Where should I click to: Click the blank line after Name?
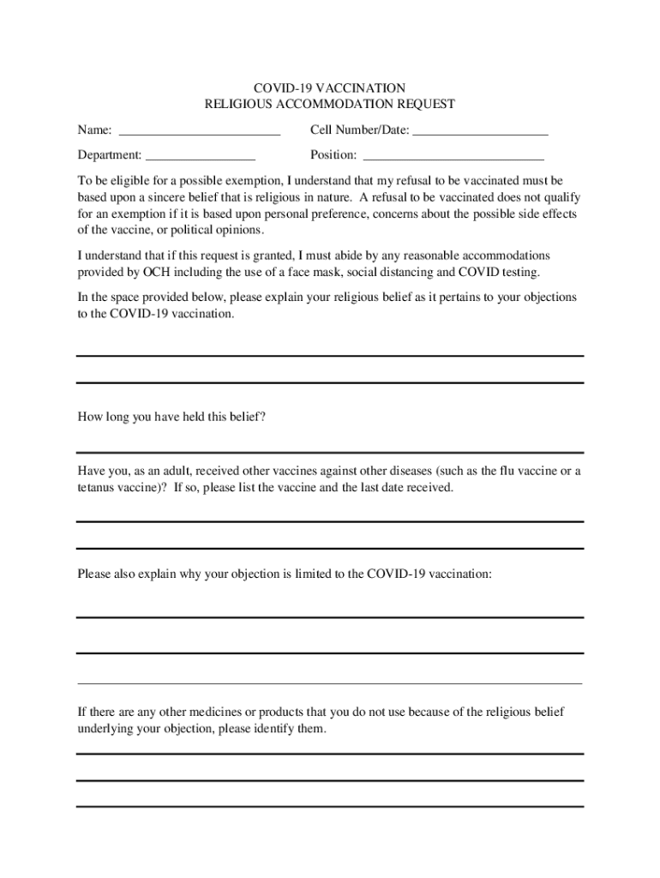(199, 135)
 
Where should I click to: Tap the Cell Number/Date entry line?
(480, 135)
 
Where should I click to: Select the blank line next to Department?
(201, 159)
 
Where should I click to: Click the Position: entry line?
(453, 159)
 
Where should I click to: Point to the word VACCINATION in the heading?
(360, 88)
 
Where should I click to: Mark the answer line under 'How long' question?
(330, 452)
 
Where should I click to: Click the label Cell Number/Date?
(359, 130)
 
